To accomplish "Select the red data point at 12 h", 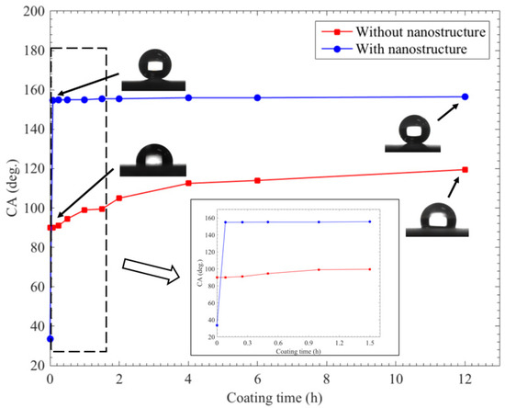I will coord(466,170).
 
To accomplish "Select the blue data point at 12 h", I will coord(466,96).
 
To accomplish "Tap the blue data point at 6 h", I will coord(257,97).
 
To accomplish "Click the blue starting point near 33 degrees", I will coord(50,339).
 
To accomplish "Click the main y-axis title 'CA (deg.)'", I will coord(9,188).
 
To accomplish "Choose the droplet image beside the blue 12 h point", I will coord(414,133).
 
